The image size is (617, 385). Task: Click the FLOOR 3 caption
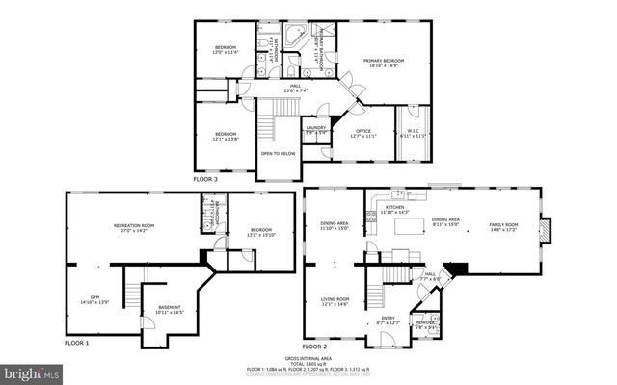[x=204, y=179]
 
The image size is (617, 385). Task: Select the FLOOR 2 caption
[x=315, y=345]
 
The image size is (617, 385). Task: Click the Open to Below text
[x=278, y=153]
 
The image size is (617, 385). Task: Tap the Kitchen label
[x=395, y=209]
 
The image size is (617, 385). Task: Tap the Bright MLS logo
[x=32, y=371]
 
